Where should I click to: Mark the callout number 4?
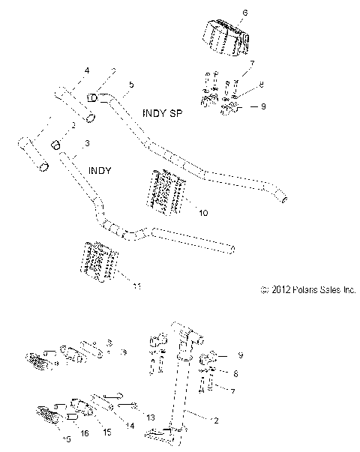(86, 70)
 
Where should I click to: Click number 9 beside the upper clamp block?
(262, 107)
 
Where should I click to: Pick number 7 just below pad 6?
(252, 64)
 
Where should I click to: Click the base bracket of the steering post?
(164, 433)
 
